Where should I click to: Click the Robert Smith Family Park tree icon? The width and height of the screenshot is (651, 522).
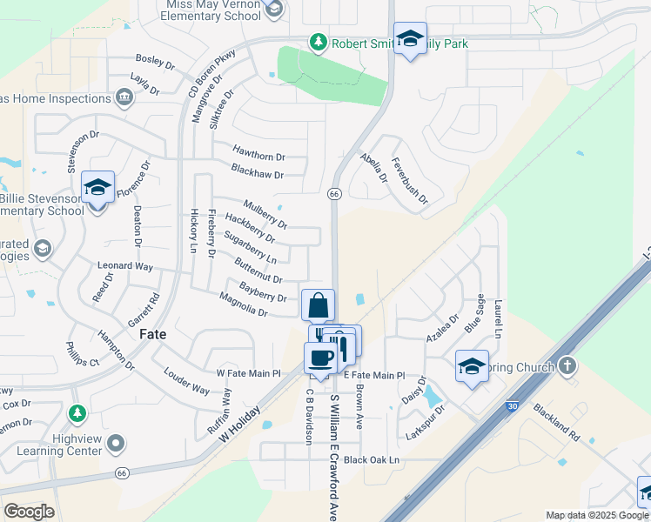(x=319, y=42)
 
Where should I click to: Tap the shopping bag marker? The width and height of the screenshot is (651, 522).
(x=319, y=305)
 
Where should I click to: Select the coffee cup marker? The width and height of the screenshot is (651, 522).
(x=320, y=358)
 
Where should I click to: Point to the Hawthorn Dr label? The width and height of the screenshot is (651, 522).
(x=259, y=157)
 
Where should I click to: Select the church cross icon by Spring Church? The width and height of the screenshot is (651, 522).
(x=568, y=365)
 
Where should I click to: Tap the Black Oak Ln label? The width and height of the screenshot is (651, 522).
(x=371, y=459)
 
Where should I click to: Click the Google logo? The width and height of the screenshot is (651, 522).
(x=29, y=511)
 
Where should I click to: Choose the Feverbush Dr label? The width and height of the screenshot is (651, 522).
(x=409, y=181)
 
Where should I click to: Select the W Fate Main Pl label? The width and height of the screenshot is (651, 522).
(x=250, y=373)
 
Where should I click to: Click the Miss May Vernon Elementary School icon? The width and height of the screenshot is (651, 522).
(x=275, y=10)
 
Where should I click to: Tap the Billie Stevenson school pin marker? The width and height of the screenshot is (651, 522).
(x=98, y=189)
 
